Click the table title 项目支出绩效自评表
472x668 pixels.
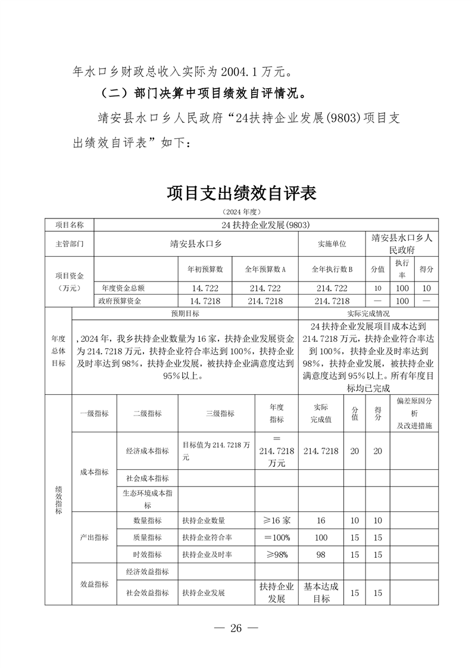[x=241, y=193]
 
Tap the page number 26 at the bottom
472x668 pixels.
[x=236, y=629]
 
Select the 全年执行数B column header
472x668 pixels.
[x=332, y=269]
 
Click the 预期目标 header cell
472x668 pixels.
[x=185, y=313]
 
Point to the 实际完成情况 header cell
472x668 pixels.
[x=368, y=313]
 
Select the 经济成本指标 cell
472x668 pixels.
[x=147, y=451]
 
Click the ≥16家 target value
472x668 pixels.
[x=277, y=520]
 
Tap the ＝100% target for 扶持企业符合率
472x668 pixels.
[x=277, y=538]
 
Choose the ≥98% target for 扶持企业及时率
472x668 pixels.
[x=277, y=554]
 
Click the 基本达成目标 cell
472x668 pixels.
[x=321, y=592]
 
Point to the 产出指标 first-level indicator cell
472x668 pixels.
[x=94, y=537]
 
